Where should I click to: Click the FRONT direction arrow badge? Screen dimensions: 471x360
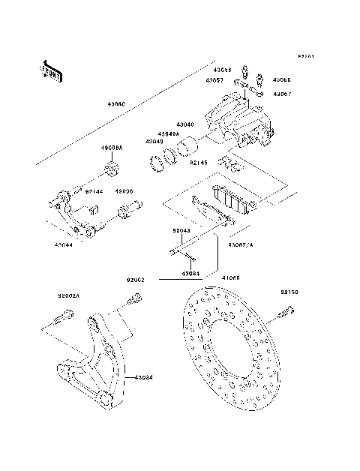click(x=49, y=70)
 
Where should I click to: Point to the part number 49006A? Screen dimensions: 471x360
click(x=112, y=148)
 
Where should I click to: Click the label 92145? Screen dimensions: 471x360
click(x=198, y=161)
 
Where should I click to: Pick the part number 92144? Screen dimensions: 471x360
click(x=94, y=191)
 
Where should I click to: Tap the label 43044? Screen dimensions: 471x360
click(x=64, y=244)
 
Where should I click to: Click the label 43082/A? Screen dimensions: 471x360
click(x=241, y=244)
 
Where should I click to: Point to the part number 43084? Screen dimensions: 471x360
click(x=191, y=274)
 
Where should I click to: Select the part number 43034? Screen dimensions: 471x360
click(x=144, y=377)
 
